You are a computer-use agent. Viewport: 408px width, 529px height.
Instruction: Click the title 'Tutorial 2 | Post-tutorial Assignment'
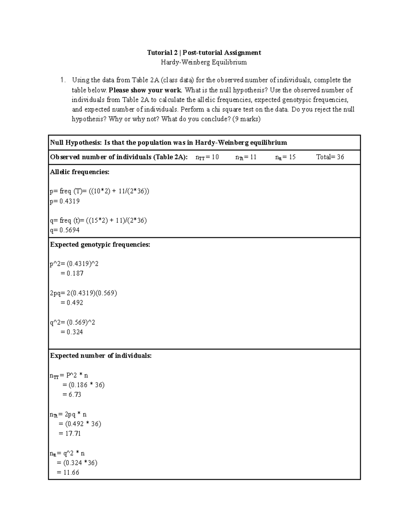coord(204,52)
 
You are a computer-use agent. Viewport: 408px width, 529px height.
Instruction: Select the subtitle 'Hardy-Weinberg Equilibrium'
coord(204,62)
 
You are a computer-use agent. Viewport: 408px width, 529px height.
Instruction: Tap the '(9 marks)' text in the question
coord(246,119)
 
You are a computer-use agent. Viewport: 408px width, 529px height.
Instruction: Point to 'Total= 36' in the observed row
coord(330,157)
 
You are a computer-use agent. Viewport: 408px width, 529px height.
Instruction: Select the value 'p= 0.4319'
coord(65,201)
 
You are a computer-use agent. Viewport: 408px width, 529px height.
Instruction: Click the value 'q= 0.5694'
coord(65,230)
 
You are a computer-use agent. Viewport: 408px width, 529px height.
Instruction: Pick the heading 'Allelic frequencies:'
coord(80,172)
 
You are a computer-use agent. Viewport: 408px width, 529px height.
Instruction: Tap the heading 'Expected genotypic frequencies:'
coord(100,245)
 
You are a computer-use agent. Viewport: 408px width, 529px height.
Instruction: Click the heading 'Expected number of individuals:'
coord(101,356)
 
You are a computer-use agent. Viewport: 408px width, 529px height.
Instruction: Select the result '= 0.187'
coord(72,274)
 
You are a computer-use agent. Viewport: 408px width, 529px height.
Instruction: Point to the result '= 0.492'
coord(72,303)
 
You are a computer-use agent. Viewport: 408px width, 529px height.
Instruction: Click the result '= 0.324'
coord(72,332)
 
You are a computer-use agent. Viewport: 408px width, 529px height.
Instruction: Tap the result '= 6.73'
coord(72,395)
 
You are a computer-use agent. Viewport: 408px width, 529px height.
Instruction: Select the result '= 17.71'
coord(70,434)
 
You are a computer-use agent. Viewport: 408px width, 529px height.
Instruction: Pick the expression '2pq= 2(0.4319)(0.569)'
coord(83,293)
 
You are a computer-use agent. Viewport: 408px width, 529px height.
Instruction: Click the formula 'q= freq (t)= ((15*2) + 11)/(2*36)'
coord(98,220)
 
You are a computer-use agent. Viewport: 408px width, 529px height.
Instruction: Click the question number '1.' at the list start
coord(62,80)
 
